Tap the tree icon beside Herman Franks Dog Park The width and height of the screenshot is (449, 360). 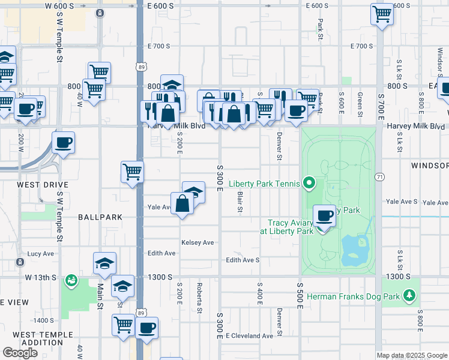point(409,295)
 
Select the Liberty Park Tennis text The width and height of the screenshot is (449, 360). point(262,183)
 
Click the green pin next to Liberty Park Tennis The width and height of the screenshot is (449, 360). point(310,182)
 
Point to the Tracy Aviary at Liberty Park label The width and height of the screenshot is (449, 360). point(287,226)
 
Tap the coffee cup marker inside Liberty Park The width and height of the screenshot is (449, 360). point(325,216)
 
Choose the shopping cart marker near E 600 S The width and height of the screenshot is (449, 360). point(382,14)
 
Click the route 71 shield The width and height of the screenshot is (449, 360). point(379,177)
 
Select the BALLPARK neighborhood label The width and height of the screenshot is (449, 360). point(100,217)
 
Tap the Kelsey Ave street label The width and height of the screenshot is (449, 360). point(197,242)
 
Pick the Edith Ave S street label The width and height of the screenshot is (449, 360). point(243,260)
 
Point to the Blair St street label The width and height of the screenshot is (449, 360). point(239,202)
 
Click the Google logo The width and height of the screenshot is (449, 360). point(20,353)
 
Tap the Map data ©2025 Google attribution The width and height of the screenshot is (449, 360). point(411,355)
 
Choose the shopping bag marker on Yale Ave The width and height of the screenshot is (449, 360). point(182,204)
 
